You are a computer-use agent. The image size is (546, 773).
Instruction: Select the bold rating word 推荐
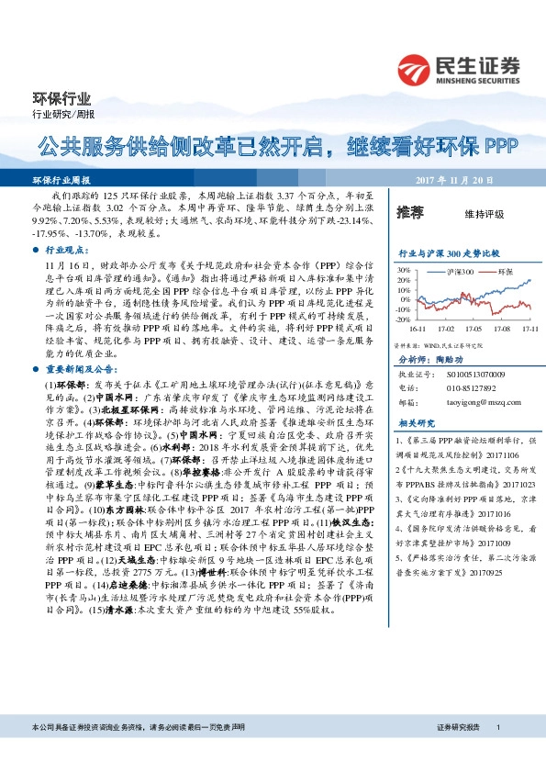pos(409,213)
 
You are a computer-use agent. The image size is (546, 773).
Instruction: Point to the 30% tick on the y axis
pos(401,270)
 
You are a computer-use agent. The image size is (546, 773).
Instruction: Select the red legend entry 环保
pos(504,274)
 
